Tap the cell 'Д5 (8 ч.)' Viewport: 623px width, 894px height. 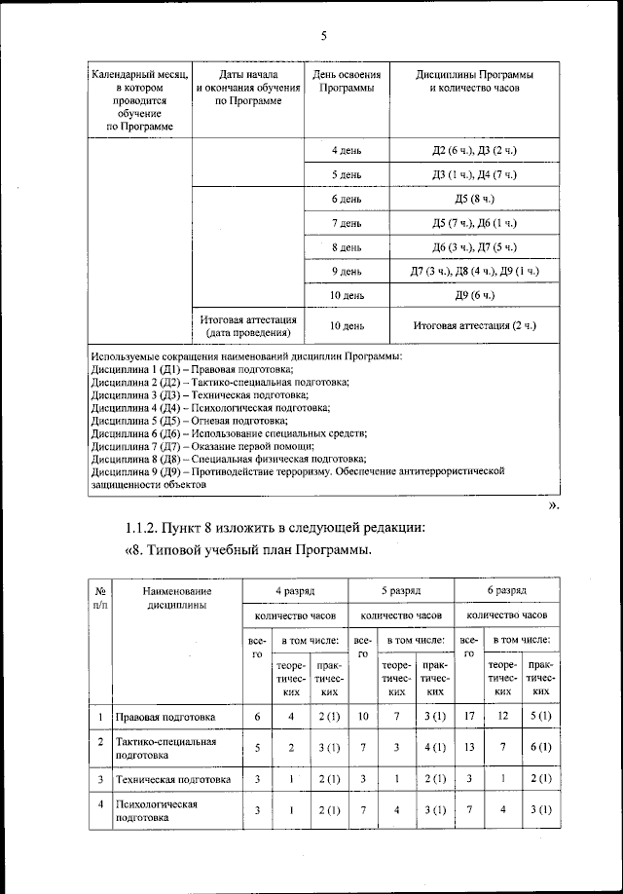(475, 199)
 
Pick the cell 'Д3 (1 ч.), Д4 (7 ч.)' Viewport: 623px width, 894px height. (475, 174)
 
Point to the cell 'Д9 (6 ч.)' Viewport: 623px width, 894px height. (475, 295)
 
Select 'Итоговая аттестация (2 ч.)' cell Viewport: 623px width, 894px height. (475, 325)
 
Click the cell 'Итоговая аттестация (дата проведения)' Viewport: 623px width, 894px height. (248, 326)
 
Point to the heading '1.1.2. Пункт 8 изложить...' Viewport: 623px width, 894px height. (275, 528)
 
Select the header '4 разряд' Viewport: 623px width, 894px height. (294, 590)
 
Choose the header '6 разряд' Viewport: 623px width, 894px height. (506, 590)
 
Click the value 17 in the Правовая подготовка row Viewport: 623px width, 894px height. (469, 717)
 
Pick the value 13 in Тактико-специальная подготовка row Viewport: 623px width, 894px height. (469, 748)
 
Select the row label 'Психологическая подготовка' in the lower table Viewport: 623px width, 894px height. (157, 811)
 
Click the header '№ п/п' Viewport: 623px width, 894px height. (100, 597)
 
